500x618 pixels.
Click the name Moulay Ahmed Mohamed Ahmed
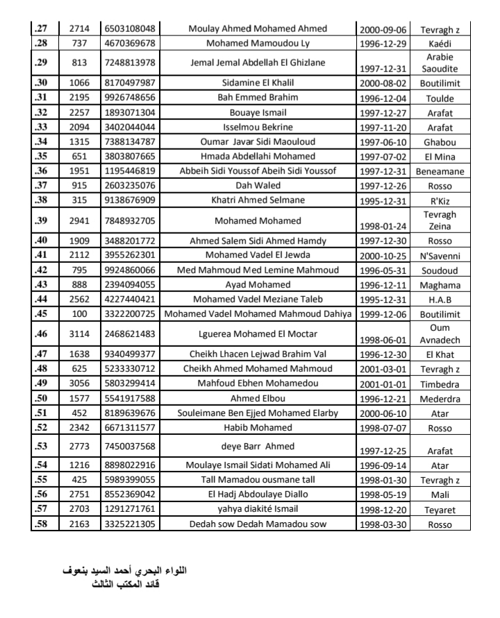(258, 29)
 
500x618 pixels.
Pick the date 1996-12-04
(383, 98)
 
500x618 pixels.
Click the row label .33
(42, 127)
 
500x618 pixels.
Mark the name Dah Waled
(258, 185)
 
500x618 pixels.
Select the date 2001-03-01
(383, 369)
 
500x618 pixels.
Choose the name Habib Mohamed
(258, 427)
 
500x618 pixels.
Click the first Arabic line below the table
(126, 571)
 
